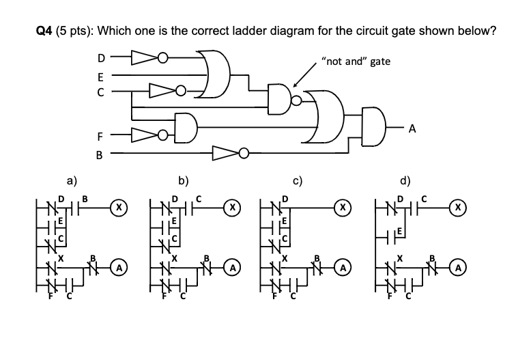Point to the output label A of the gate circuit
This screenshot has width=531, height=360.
click(x=412, y=127)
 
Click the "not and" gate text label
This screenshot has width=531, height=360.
click(x=358, y=61)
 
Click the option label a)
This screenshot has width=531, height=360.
click(x=72, y=181)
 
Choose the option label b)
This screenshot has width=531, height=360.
click(x=184, y=181)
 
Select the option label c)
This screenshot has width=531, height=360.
click(x=298, y=181)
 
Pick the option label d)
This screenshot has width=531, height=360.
click(x=405, y=181)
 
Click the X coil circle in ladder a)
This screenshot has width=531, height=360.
click(x=120, y=205)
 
